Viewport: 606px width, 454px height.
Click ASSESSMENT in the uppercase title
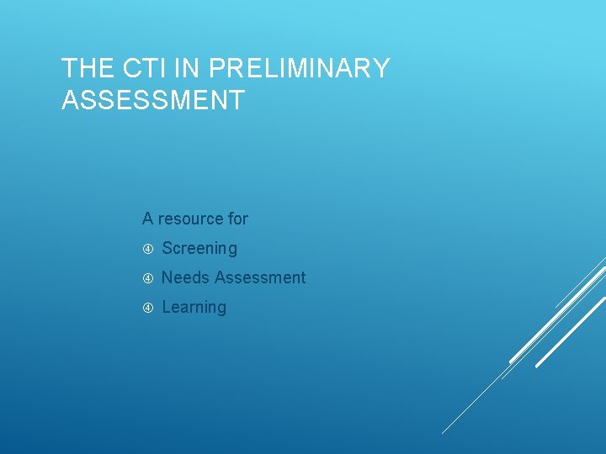tap(153, 101)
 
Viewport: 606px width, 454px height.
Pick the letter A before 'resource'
tap(147, 219)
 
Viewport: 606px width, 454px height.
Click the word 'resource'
tap(190, 219)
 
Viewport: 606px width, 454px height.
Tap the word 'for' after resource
tap(237, 219)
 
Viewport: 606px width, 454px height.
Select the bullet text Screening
tap(199, 248)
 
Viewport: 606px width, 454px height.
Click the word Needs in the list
tap(185, 277)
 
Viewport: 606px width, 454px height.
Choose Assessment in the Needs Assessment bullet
tap(260, 277)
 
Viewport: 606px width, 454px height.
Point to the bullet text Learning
tap(194, 307)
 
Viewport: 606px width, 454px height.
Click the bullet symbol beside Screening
tap(147, 249)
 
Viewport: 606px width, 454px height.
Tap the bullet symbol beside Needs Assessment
tap(147, 278)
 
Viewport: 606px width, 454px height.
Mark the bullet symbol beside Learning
tap(147, 308)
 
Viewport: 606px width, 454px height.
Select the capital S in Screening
tap(167, 248)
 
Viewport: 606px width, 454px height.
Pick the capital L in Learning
tap(166, 307)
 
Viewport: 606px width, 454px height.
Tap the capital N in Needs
tap(167, 277)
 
